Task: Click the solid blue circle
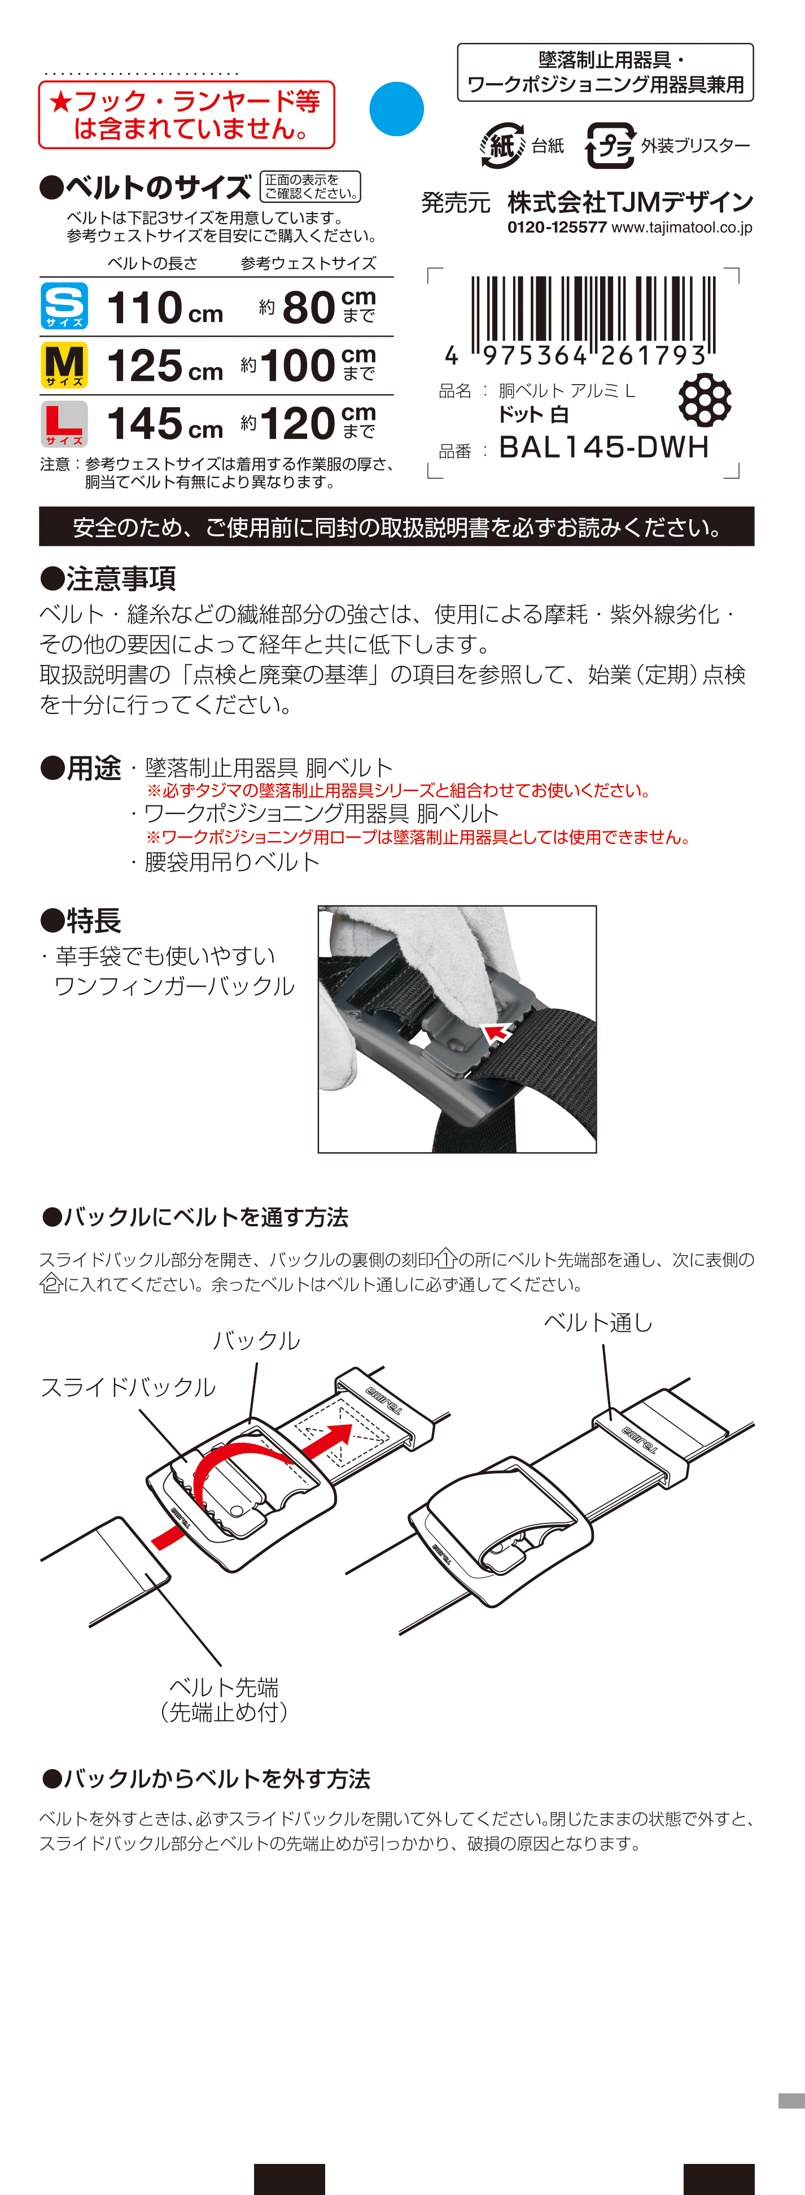[x=397, y=109]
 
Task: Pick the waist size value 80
[x=308, y=308]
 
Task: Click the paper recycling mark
[x=502, y=146]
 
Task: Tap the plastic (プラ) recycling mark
[x=610, y=146]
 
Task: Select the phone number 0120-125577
[x=557, y=228]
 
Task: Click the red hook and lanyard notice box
[x=186, y=115]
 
